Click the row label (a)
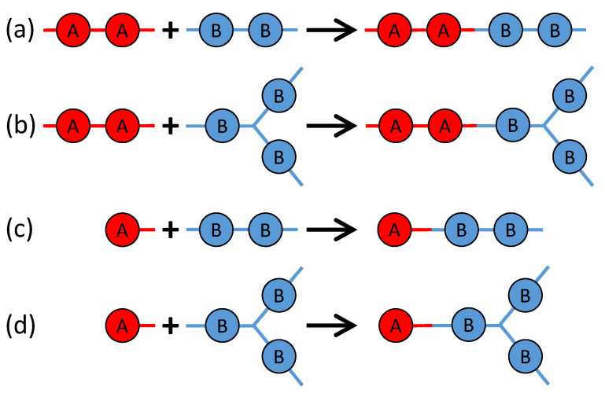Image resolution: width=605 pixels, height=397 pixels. click(x=20, y=31)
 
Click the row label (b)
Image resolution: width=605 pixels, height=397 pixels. click(x=20, y=126)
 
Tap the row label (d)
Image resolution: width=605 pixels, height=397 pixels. click(x=20, y=324)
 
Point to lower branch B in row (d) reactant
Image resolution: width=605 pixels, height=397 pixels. click(x=276, y=354)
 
